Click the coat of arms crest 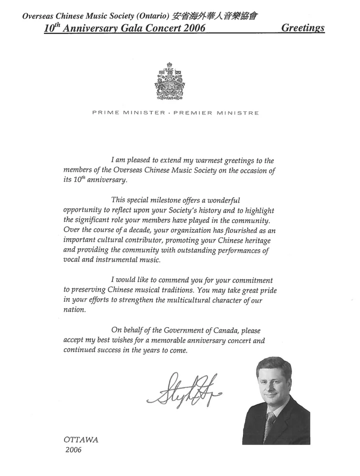169,81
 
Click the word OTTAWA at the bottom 81,440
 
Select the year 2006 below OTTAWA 73,450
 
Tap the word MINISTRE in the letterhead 237,113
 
